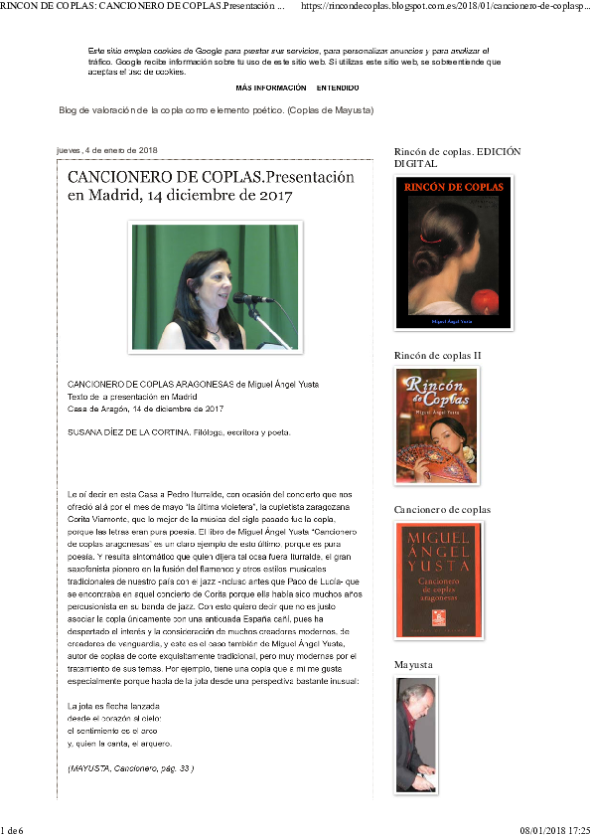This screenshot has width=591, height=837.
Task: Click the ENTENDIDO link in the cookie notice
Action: tap(338, 87)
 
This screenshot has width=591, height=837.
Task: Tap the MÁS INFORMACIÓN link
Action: tap(271, 87)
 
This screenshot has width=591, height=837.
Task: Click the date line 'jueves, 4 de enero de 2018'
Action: tap(101, 150)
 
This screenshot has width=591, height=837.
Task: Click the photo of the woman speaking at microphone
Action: tap(215, 286)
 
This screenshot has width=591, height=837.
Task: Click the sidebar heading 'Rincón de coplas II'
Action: tap(437, 355)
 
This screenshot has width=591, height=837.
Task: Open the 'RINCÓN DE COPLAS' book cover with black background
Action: tap(453, 252)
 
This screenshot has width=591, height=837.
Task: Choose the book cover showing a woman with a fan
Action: tap(437, 425)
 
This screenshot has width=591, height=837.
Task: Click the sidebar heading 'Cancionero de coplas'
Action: tap(442, 510)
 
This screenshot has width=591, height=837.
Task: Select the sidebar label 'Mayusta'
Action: tap(414, 663)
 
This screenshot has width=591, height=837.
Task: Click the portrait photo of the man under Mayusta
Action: tap(414, 734)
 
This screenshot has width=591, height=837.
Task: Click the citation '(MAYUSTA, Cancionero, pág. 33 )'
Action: tap(130, 768)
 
